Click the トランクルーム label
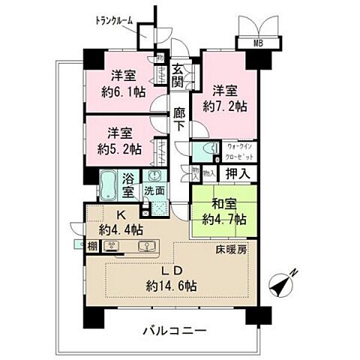pos(114,20)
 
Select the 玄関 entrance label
pos(178,75)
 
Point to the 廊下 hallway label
pos(178,120)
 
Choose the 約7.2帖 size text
pos(225,107)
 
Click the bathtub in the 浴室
pos(109,184)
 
